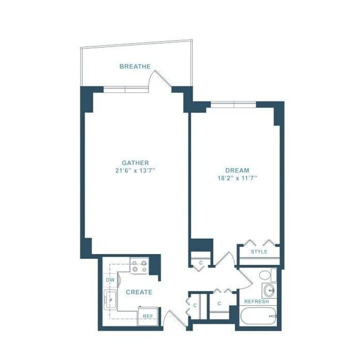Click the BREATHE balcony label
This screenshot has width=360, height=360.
135,67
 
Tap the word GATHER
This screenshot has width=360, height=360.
136,163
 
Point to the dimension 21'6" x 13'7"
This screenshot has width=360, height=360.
136,171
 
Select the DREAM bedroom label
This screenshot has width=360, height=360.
237,171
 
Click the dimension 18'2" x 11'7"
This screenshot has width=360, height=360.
237,178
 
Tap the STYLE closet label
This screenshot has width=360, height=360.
259,252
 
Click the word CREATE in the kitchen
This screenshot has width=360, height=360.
138,292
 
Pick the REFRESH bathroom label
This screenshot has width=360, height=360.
256,302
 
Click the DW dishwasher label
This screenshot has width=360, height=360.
110,280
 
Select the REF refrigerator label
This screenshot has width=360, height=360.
148,317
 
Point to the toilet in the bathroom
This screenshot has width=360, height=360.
265,275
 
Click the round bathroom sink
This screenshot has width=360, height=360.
268,290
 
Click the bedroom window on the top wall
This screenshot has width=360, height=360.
233,104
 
